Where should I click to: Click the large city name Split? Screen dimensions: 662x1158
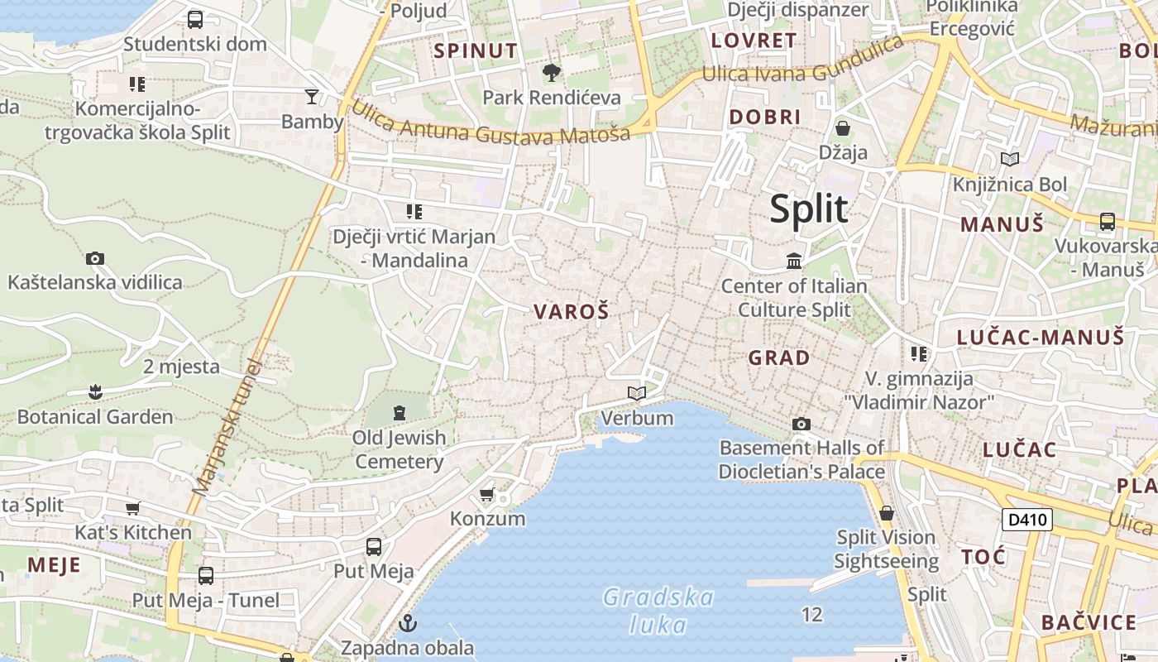click(808, 209)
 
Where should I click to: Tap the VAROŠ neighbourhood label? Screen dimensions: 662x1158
click(571, 312)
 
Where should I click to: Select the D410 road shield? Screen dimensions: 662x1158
click(1026, 520)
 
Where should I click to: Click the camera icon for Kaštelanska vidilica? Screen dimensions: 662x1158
click(95, 258)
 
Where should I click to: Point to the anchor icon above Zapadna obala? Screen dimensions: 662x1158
click(407, 622)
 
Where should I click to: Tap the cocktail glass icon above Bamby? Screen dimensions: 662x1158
click(312, 97)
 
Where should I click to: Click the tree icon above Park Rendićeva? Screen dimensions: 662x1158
click(551, 73)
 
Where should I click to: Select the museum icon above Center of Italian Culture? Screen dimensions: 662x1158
click(794, 261)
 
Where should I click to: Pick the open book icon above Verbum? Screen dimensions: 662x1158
click(637, 393)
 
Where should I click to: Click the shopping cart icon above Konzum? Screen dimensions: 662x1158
click(487, 494)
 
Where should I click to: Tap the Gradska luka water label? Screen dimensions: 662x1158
click(658, 610)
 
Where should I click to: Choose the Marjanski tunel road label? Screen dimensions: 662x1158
click(226, 427)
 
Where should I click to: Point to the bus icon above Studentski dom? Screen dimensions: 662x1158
click(195, 20)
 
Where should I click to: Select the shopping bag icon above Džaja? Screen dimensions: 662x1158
click(843, 128)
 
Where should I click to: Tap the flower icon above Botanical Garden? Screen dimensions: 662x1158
click(95, 391)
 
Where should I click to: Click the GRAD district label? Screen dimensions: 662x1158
click(778, 357)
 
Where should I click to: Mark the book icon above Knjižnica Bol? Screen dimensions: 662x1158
click(1009, 159)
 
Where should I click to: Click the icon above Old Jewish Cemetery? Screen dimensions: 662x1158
click(400, 412)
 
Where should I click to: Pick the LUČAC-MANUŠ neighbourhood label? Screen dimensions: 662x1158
click(1040, 337)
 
